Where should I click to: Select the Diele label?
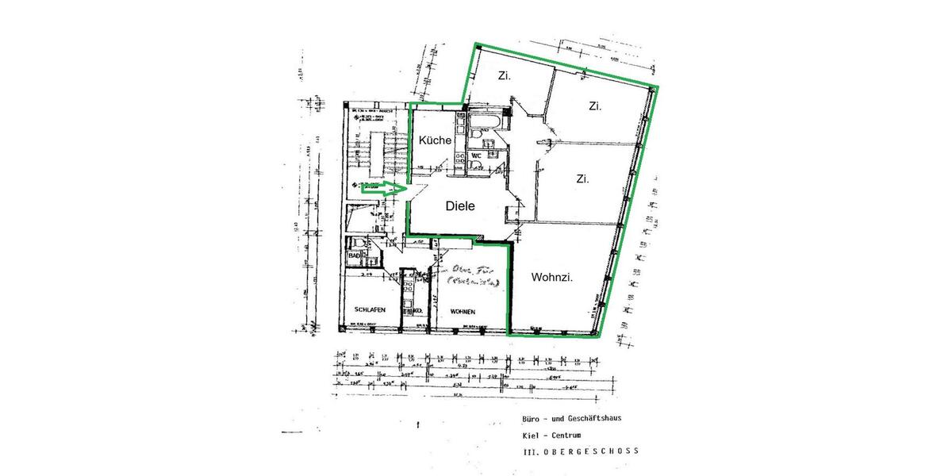pos(459,205)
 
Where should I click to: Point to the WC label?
pos(477,156)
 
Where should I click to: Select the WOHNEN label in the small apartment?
pos(463,311)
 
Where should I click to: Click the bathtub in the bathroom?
pos(486,122)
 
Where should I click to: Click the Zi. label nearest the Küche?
pos(503,76)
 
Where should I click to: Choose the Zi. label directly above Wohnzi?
pos(582,179)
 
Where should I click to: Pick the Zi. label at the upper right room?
pos(594,106)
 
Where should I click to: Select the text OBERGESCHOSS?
pos(595,451)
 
